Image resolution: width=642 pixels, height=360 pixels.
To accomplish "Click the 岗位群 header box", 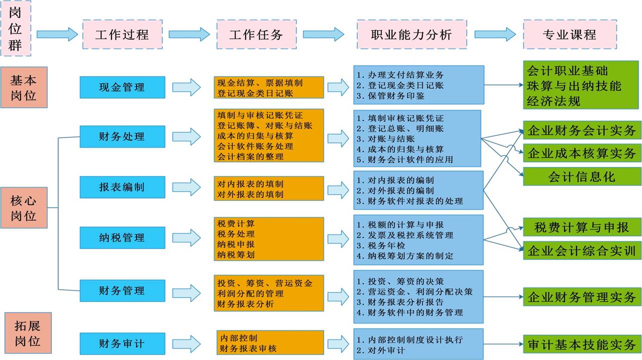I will (x=16, y=27).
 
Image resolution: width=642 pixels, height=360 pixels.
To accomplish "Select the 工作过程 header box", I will (x=122, y=34).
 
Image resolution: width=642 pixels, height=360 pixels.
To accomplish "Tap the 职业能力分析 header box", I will (x=411, y=34).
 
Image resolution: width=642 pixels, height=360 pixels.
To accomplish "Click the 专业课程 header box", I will (x=569, y=34).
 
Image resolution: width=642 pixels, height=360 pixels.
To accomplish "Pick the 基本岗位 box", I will (x=24, y=87).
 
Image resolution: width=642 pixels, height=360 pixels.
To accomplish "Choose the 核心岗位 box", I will (x=24, y=207).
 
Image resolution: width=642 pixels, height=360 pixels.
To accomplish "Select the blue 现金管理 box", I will (x=122, y=87).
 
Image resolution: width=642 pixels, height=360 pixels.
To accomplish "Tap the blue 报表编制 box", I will (x=122, y=187).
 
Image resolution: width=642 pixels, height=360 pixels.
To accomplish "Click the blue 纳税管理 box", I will (x=122, y=237).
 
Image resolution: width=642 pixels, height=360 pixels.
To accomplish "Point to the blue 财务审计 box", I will (x=122, y=343).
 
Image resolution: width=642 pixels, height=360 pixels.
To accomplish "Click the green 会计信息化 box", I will (x=582, y=176).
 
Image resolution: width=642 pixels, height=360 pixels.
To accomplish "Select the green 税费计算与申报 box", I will (x=582, y=227).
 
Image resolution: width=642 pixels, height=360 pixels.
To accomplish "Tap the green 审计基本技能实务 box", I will (x=582, y=344).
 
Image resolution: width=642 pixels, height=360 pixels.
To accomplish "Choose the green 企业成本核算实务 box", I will (x=582, y=153).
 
